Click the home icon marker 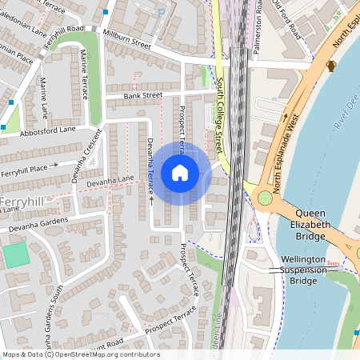tap(180, 172)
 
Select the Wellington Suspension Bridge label tap(303, 270)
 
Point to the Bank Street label tap(142, 95)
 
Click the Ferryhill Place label tap(30, 171)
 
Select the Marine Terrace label tap(84, 74)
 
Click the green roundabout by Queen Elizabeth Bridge tap(264, 198)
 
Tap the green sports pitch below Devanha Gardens tap(14, 256)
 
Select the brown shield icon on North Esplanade tap(332, 65)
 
